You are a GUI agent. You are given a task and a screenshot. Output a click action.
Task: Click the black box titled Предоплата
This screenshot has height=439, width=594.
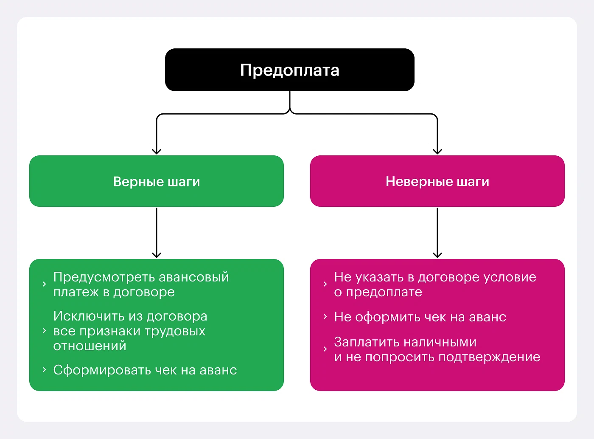(289, 70)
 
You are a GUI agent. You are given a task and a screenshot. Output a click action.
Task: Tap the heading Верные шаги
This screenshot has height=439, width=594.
(156, 182)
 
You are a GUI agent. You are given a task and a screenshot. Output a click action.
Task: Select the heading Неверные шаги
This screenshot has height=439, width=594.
(437, 182)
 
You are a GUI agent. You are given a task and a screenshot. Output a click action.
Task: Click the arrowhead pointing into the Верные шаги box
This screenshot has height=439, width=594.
(157, 151)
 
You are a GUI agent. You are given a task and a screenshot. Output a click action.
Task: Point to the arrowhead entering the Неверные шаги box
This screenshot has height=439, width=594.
(437, 151)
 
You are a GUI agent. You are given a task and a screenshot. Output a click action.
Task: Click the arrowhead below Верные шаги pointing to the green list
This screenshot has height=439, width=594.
(157, 254)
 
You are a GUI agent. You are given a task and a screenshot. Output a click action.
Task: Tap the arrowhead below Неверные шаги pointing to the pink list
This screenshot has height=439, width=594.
(437, 254)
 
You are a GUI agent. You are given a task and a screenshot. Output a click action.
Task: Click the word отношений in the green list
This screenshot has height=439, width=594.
(90, 346)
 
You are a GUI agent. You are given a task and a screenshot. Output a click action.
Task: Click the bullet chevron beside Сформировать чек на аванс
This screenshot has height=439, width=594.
(44, 370)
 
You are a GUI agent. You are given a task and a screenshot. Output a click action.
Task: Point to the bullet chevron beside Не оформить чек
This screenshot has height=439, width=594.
(325, 317)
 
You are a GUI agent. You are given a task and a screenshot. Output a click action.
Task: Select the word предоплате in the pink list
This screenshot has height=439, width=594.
(384, 292)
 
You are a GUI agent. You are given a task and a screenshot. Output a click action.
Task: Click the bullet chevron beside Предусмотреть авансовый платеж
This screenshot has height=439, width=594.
(44, 284)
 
